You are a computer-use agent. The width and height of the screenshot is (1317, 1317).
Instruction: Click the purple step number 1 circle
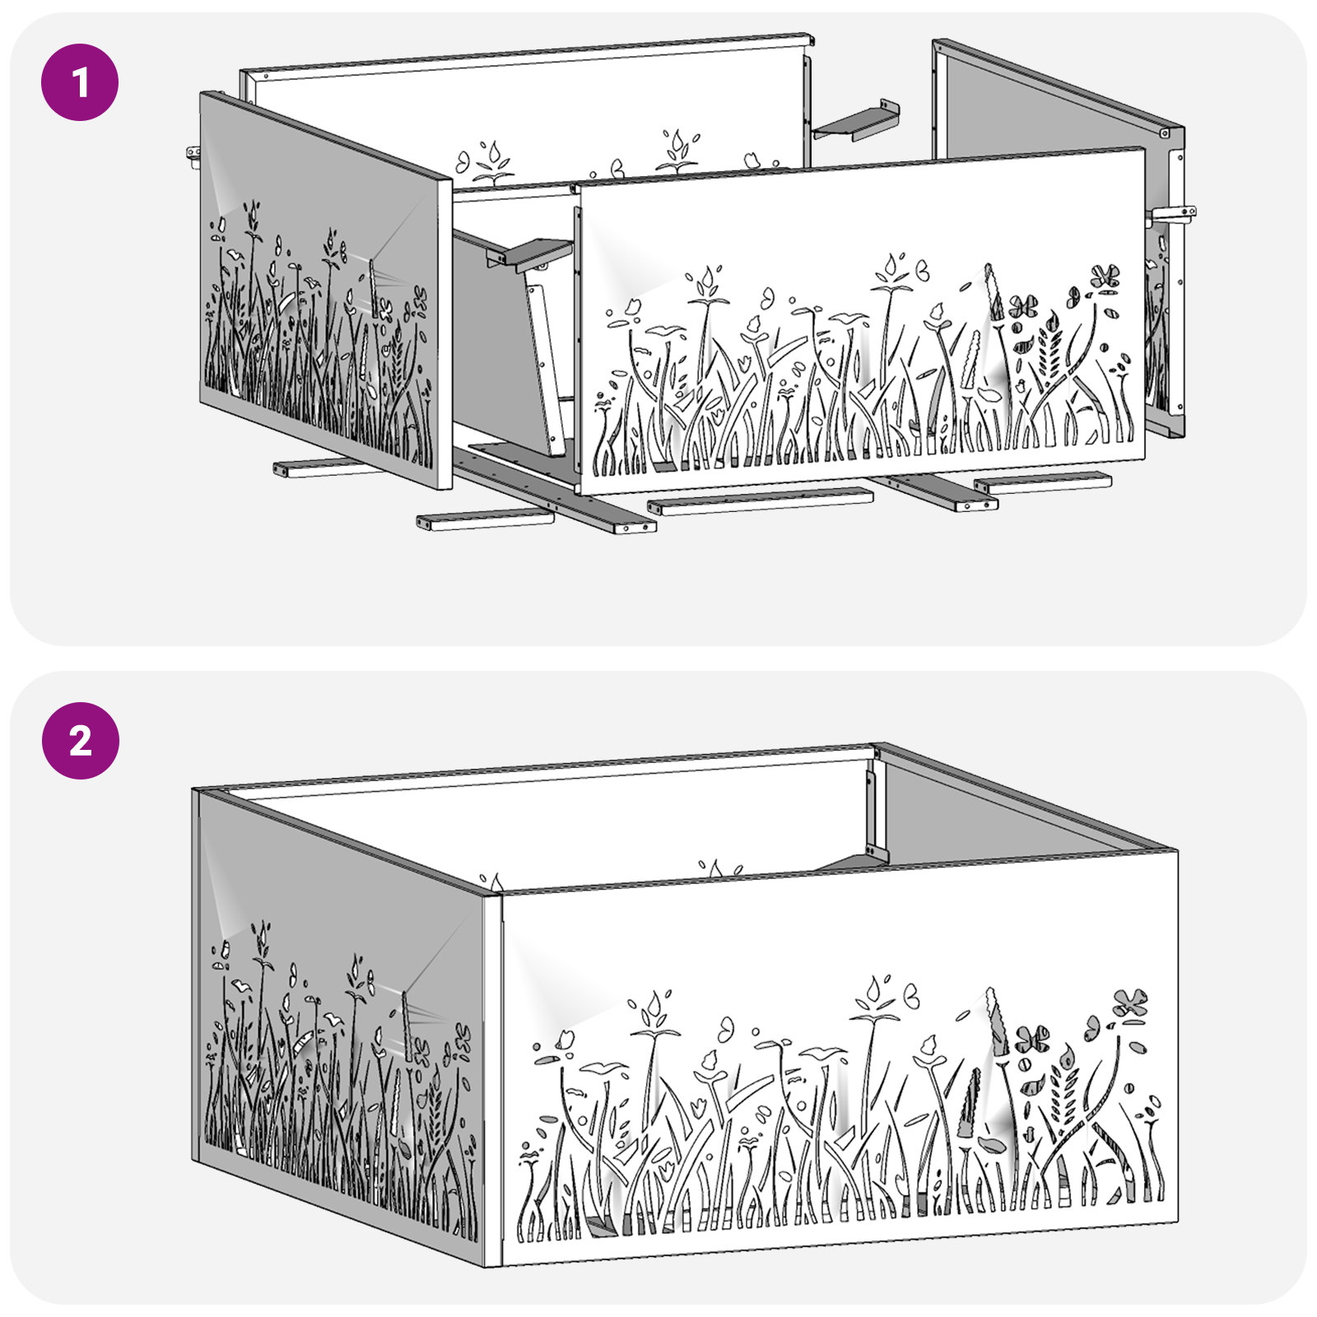(80, 82)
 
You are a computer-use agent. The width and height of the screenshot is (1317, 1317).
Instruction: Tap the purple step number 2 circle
(80, 741)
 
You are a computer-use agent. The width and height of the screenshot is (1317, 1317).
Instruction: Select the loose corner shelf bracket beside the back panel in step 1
(856, 123)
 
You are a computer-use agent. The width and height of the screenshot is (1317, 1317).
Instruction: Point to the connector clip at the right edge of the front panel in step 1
(1172, 215)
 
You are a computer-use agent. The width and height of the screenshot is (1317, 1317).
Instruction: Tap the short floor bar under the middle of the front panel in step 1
(759, 500)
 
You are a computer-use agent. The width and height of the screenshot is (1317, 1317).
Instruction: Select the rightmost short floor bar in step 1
(1042, 482)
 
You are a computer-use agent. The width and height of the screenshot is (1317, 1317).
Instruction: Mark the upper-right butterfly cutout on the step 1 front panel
(1105, 276)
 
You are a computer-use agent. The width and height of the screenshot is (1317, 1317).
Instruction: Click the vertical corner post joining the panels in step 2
(492, 1078)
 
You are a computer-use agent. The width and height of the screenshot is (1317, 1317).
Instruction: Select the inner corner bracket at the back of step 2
(874, 815)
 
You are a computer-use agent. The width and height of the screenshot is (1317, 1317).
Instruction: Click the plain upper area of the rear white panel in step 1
(527, 107)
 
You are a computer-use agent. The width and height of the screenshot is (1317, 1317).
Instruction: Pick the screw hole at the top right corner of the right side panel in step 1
(1165, 133)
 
